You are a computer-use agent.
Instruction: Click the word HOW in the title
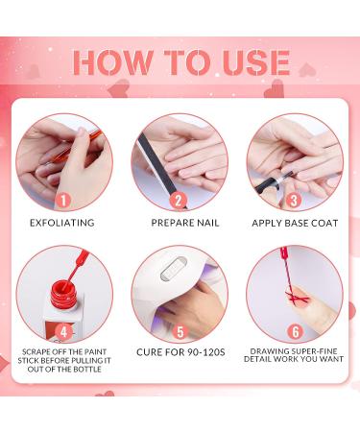pyautogui.click(x=112, y=62)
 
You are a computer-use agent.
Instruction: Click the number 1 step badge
pyautogui.click(x=63, y=201)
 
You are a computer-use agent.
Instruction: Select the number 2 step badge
pyautogui.click(x=178, y=201)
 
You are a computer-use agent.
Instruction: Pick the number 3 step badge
pyautogui.click(x=293, y=201)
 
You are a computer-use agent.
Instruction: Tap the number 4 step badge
pyautogui.click(x=63, y=332)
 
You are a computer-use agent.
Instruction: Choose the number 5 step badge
pyautogui.click(x=180, y=332)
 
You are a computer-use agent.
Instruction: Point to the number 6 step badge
pyautogui.click(x=295, y=332)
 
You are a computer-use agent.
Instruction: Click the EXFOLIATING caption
pyautogui.click(x=62, y=223)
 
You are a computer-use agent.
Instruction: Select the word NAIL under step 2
pyautogui.click(x=206, y=223)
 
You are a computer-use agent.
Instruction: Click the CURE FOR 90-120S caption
pyautogui.click(x=180, y=352)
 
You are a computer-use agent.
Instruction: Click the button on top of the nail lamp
pyautogui.click(x=173, y=270)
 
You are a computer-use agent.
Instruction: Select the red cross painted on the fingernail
pyautogui.click(x=296, y=297)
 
